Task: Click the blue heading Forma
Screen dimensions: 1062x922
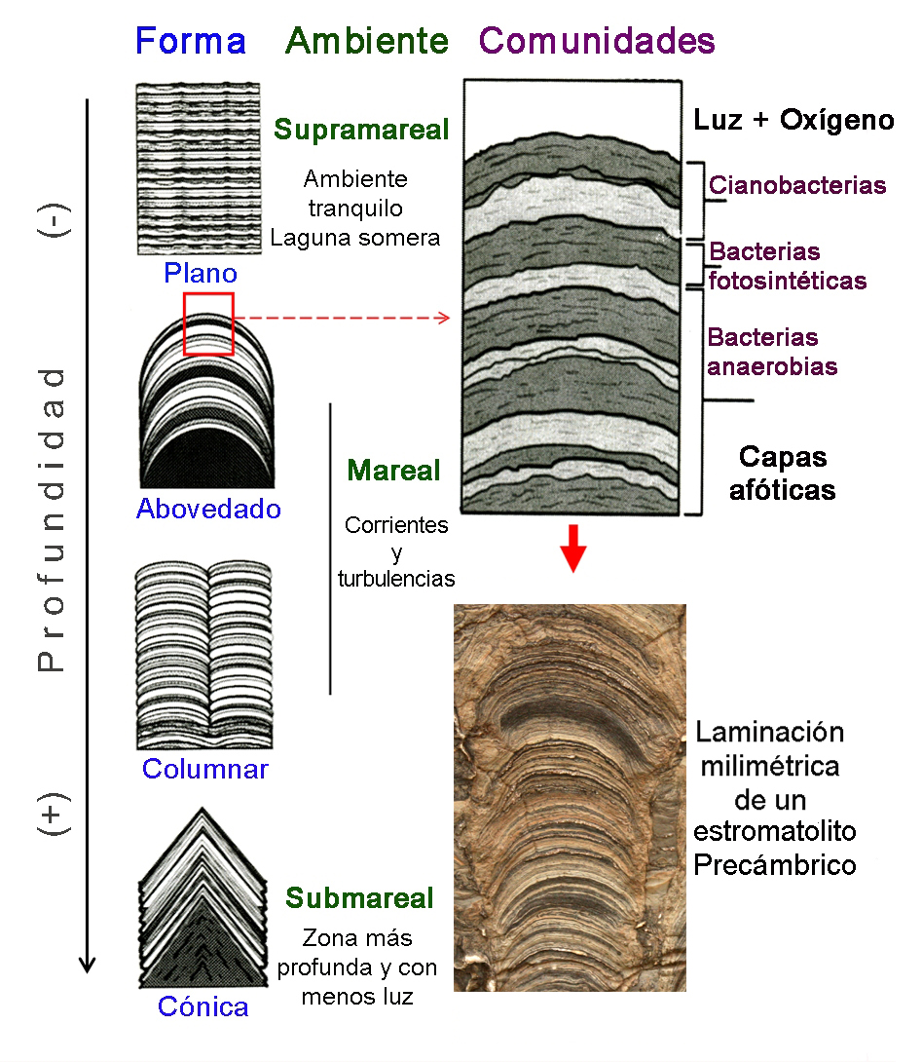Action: tap(191, 41)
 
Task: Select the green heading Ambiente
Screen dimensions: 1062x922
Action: tap(367, 41)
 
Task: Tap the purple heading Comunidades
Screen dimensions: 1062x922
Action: tap(598, 41)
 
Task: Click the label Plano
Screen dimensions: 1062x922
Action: tap(201, 274)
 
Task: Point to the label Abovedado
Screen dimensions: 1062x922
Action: tap(208, 509)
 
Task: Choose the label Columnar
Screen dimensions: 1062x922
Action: tap(205, 769)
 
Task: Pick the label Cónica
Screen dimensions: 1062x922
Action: tap(203, 1006)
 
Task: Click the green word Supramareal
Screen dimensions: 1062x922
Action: tap(361, 130)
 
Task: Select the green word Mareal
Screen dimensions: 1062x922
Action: tap(394, 471)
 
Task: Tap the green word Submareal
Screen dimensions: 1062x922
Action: tap(360, 897)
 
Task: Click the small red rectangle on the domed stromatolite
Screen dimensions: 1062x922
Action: tap(208, 323)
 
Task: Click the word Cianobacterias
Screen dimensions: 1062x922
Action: tap(797, 185)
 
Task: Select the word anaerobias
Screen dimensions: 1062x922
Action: tap(773, 366)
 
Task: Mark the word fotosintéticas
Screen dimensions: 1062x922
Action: tap(788, 281)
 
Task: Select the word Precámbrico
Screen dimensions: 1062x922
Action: tap(775, 864)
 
